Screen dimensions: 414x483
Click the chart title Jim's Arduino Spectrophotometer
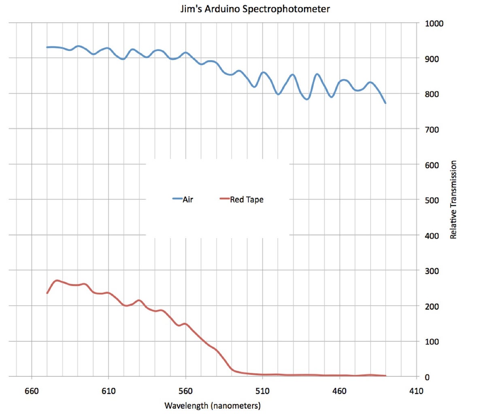255,8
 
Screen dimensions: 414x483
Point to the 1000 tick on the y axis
434,23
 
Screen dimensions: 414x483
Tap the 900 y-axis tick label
432,59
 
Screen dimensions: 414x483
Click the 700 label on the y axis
432,130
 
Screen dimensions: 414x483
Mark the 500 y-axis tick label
432,201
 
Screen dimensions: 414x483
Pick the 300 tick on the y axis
432,271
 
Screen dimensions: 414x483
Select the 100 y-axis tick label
432,342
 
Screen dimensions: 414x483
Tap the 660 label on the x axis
32,391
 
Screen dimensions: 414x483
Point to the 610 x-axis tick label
109,391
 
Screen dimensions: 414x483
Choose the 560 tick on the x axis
185,391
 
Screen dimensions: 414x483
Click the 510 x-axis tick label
262,391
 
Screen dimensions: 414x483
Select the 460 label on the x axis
339,391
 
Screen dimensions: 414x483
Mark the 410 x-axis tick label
416,391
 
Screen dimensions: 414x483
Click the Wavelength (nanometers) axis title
213,406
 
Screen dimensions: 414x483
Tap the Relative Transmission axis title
453,200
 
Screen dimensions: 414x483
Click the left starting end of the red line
47,293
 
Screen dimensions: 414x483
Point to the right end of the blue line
385,103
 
